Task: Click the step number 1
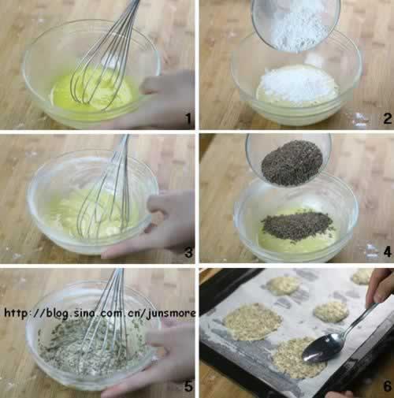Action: (x=188, y=118)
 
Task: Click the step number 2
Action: (x=387, y=118)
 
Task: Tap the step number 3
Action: (x=188, y=252)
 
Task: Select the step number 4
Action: (x=387, y=252)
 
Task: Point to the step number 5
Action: (x=188, y=386)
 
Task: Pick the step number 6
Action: (x=387, y=386)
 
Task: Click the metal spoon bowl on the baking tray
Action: (x=322, y=348)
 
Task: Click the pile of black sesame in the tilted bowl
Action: (x=292, y=162)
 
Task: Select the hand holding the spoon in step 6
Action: (x=381, y=286)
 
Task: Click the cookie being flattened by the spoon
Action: (x=294, y=357)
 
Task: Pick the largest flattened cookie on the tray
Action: (x=252, y=322)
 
